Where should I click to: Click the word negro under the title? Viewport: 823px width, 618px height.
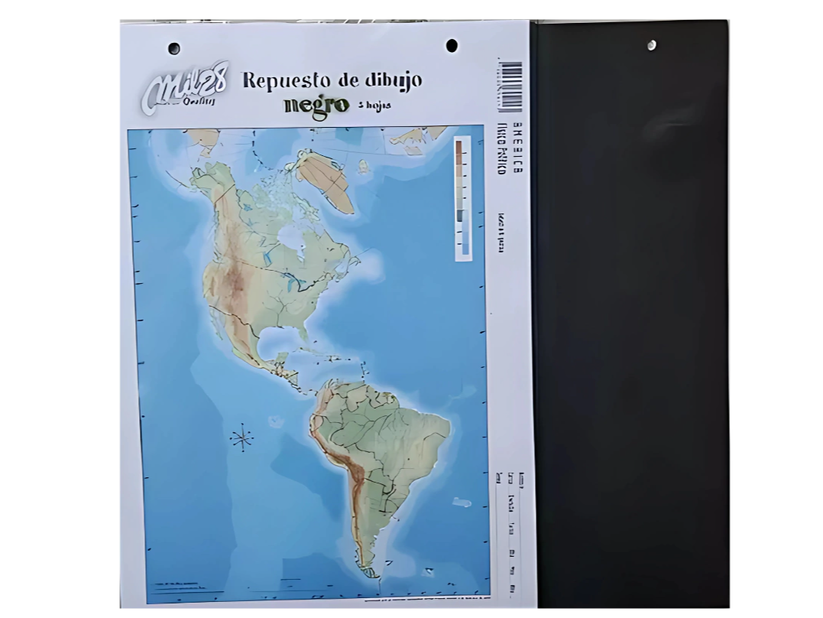tap(316, 105)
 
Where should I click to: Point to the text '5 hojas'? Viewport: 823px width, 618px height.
tap(374, 105)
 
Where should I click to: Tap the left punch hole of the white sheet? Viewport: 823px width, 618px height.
tap(174, 49)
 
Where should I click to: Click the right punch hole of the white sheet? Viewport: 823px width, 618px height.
tap(452, 46)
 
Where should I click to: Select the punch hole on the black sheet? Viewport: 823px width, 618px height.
tap(651, 45)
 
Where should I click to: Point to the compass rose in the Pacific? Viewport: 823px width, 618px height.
tap(242, 438)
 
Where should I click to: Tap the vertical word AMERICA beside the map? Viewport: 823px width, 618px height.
tap(518, 150)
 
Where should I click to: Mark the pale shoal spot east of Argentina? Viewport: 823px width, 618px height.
tap(462, 503)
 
